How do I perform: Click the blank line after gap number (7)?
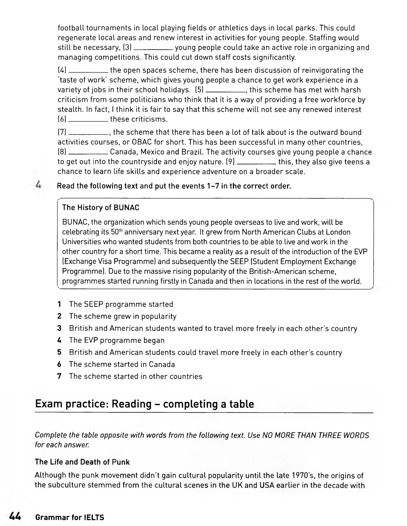point(88,134)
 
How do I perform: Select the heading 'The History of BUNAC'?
point(101,208)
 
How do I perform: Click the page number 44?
point(15,517)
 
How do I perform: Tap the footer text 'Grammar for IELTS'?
point(70,518)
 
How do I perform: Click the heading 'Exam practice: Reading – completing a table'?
point(144,404)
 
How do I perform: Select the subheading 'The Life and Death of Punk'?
point(82,462)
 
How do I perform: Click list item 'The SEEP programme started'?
point(121,304)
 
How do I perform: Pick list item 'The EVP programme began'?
point(117,340)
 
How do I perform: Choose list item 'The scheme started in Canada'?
point(122,364)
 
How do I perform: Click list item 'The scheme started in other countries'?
point(136,376)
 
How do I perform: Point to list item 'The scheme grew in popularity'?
point(123,316)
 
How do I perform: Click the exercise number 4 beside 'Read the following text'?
point(38,185)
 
